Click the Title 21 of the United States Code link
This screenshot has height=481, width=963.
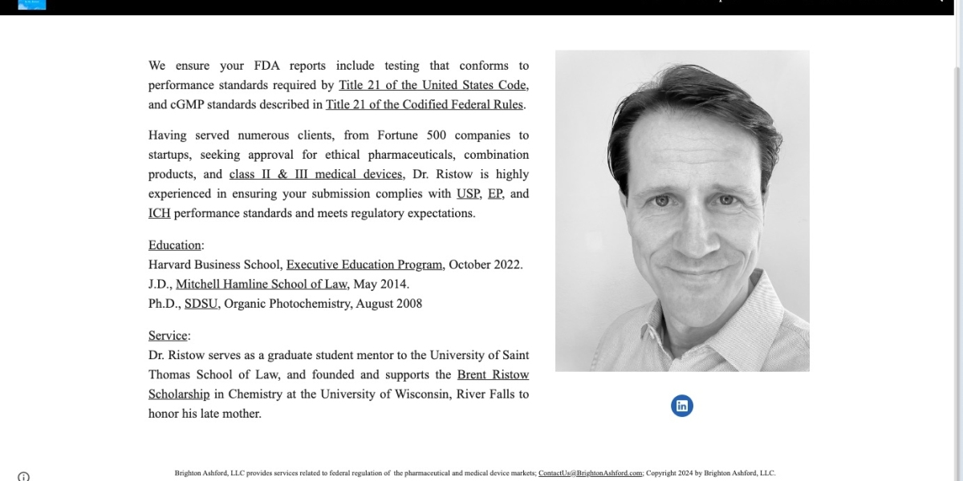click(x=433, y=85)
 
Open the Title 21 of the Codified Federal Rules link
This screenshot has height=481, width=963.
click(x=425, y=104)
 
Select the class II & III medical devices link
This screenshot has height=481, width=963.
click(x=315, y=174)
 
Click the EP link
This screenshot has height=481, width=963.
click(x=494, y=193)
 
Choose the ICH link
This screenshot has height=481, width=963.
click(x=159, y=213)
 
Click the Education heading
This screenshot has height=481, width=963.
click(x=174, y=245)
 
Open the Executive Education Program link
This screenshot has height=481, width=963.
click(x=364, y=265)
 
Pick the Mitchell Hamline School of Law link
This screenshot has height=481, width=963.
click(x=262, y=284)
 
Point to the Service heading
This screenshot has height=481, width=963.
click(x=168, y=336)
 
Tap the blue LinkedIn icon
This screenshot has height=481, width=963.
click(x=682, y=406)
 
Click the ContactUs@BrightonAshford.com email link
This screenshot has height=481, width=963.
click(x=591, y=473)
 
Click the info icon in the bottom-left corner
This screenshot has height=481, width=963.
click(x=24, y=476)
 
